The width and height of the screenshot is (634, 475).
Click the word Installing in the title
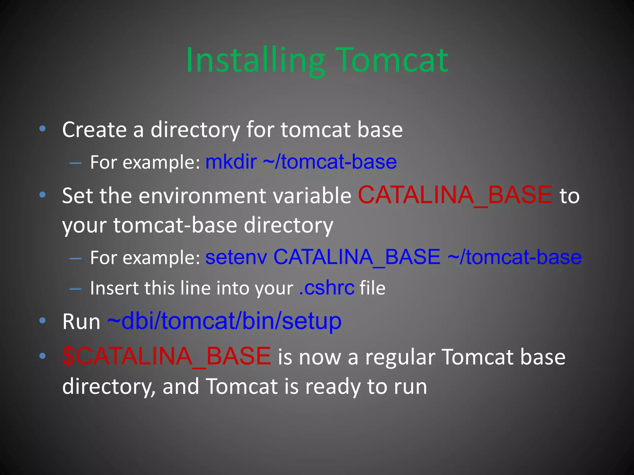255,60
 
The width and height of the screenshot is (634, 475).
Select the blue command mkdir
231,162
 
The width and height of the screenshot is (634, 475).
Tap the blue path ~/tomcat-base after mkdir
330,162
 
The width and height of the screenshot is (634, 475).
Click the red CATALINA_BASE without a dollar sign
455,195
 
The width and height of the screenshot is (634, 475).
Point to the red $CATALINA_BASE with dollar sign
167,356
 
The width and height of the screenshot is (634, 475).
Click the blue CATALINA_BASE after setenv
357,257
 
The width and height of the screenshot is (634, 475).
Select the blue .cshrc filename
327,288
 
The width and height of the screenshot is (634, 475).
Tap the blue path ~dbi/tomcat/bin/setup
224,321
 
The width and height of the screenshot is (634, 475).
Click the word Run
81,322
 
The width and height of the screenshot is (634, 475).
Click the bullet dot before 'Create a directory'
43,129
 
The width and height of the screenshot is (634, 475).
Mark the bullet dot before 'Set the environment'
43,195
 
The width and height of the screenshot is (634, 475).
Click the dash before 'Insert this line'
76,289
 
